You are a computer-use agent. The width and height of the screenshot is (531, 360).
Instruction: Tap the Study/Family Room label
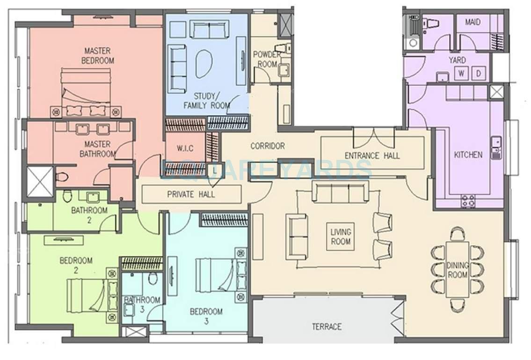[206, 101]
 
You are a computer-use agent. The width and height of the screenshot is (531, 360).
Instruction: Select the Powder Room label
[267, 59]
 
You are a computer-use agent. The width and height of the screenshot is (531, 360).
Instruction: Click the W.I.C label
[185, 149]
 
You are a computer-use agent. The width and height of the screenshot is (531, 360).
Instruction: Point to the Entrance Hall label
[372, 156]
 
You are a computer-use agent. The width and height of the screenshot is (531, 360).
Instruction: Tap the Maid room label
[473, 22]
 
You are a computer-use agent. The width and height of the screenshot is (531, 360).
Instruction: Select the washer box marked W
[461, 74]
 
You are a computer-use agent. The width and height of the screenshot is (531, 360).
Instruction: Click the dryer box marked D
[478, 74]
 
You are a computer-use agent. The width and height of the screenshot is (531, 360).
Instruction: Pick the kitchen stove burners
[468, 201]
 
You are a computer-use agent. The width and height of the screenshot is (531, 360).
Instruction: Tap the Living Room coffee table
[341, 236]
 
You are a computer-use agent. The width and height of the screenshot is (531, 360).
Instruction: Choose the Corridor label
[267, 146]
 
